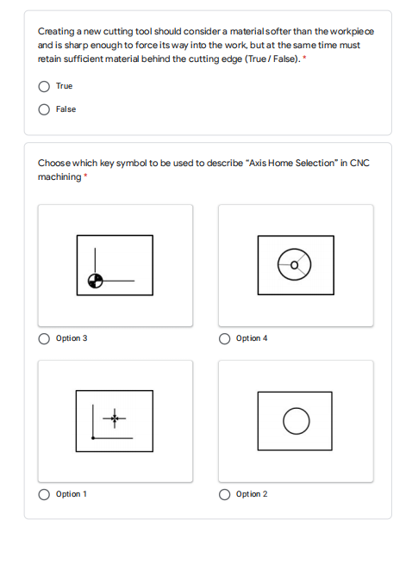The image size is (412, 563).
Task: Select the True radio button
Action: (x=44, y=86)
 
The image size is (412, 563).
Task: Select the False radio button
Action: (x=44, y=109)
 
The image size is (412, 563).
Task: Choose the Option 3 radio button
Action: (x=44, y=338)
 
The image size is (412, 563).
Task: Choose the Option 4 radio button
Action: (x=224, y=338)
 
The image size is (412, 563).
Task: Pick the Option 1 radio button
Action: (x=44, y=494)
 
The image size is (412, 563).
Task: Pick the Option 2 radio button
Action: (x=224, y=494)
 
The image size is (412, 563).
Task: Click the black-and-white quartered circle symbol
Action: (x=96, y=281)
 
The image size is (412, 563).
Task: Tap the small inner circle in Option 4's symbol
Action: (x=295, y=265)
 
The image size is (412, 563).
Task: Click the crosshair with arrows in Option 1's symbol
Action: (x=115, y=418)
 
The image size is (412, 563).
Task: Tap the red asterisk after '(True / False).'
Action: (x=304, y=58)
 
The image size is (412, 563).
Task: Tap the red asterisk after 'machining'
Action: (x=85, y=176)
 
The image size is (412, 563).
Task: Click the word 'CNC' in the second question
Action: (x=359, y=163)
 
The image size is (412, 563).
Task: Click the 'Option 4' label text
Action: (x=252, y=338)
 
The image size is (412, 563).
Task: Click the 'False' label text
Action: (x=66, y=109)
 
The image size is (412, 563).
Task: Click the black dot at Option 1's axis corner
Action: (x=93, y=438)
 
